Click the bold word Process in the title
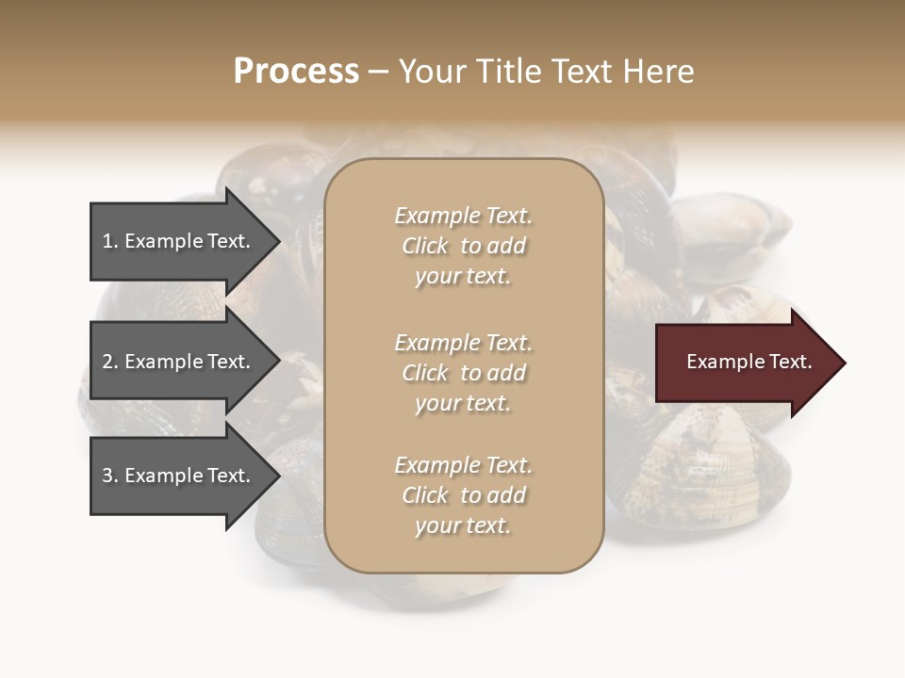[296, 72]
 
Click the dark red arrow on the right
[745, 363]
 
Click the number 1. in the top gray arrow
[110, 241]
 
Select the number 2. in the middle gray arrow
[110, 362]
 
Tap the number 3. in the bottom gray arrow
[110, 476]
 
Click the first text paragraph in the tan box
[463, 246]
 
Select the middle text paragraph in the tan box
[463, 373]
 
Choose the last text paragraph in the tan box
[463, 495]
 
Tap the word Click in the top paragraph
[425, 246]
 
